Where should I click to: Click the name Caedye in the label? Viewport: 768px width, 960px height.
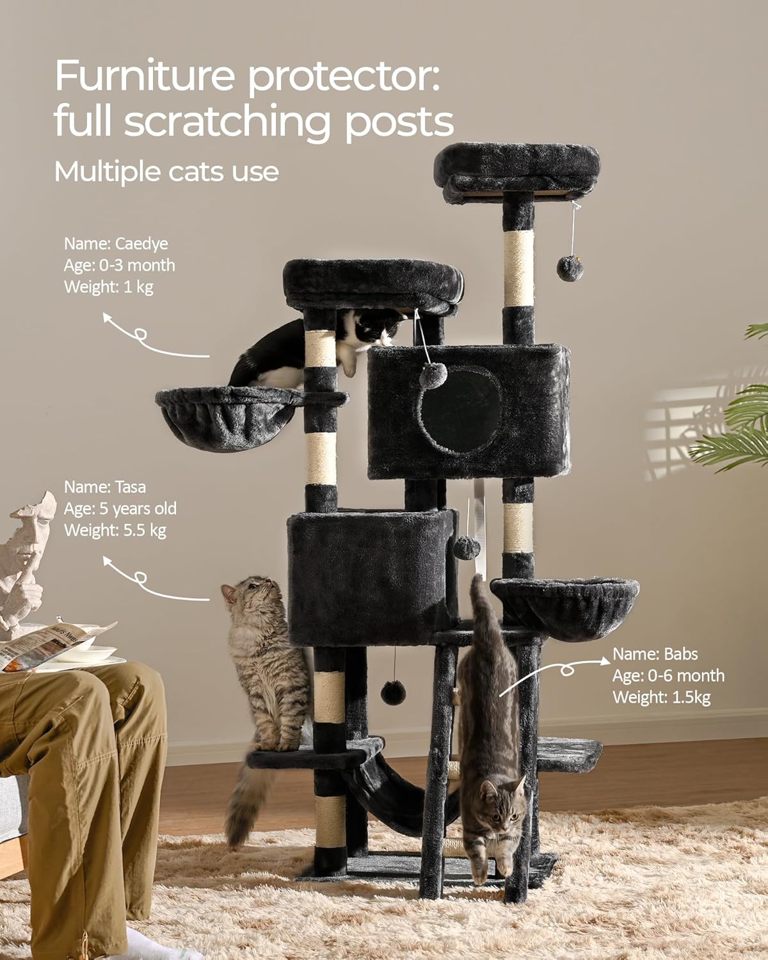coord(141,244)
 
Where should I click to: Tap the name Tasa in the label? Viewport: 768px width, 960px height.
coord(131,487)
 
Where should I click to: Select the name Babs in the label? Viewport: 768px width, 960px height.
coord(680,654)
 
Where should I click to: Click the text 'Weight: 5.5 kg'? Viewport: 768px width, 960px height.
coord(115,531)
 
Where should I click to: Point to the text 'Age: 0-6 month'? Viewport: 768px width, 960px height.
coord(668,675)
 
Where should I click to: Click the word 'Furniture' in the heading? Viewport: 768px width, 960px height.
coord(145,76)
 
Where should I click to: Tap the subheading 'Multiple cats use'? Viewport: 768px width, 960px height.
coord(166,172)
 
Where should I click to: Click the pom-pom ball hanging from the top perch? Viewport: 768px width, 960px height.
coord(570,269)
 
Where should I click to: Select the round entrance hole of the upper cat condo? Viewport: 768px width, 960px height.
coord(460,410)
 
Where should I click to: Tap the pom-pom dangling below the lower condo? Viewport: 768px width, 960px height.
coord(393,692)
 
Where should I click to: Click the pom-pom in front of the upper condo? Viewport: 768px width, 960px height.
coord(433,375)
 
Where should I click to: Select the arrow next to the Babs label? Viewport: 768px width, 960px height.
coord(554,674)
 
